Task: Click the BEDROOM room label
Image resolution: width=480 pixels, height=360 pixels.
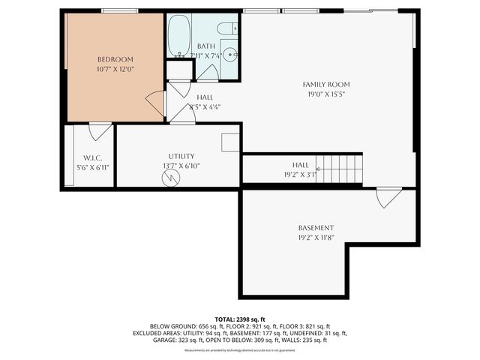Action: [x=115, y=59]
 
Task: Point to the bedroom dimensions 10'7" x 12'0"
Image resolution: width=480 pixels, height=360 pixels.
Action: [x=115, y=69]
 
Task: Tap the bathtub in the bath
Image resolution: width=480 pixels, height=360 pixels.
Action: [x=178, y=37]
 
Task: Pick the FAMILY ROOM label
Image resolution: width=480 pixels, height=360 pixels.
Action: [x=325, y=85]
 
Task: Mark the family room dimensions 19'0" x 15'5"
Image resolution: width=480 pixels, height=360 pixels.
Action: [x=325, y=94]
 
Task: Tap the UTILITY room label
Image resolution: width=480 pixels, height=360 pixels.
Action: [x=181, y=156]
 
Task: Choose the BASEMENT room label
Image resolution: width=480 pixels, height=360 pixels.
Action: [x=316, y=228]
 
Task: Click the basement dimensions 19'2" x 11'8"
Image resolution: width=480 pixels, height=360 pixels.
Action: [x=316, y=238]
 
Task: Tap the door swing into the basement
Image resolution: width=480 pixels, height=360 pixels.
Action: [x=387, y=199]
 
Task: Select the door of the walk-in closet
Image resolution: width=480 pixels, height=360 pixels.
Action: [x=99, y=131]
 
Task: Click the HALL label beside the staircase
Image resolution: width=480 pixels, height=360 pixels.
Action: [x=300, y=164]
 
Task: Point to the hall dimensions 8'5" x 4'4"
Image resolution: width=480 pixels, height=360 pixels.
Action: [x=205, y=107]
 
